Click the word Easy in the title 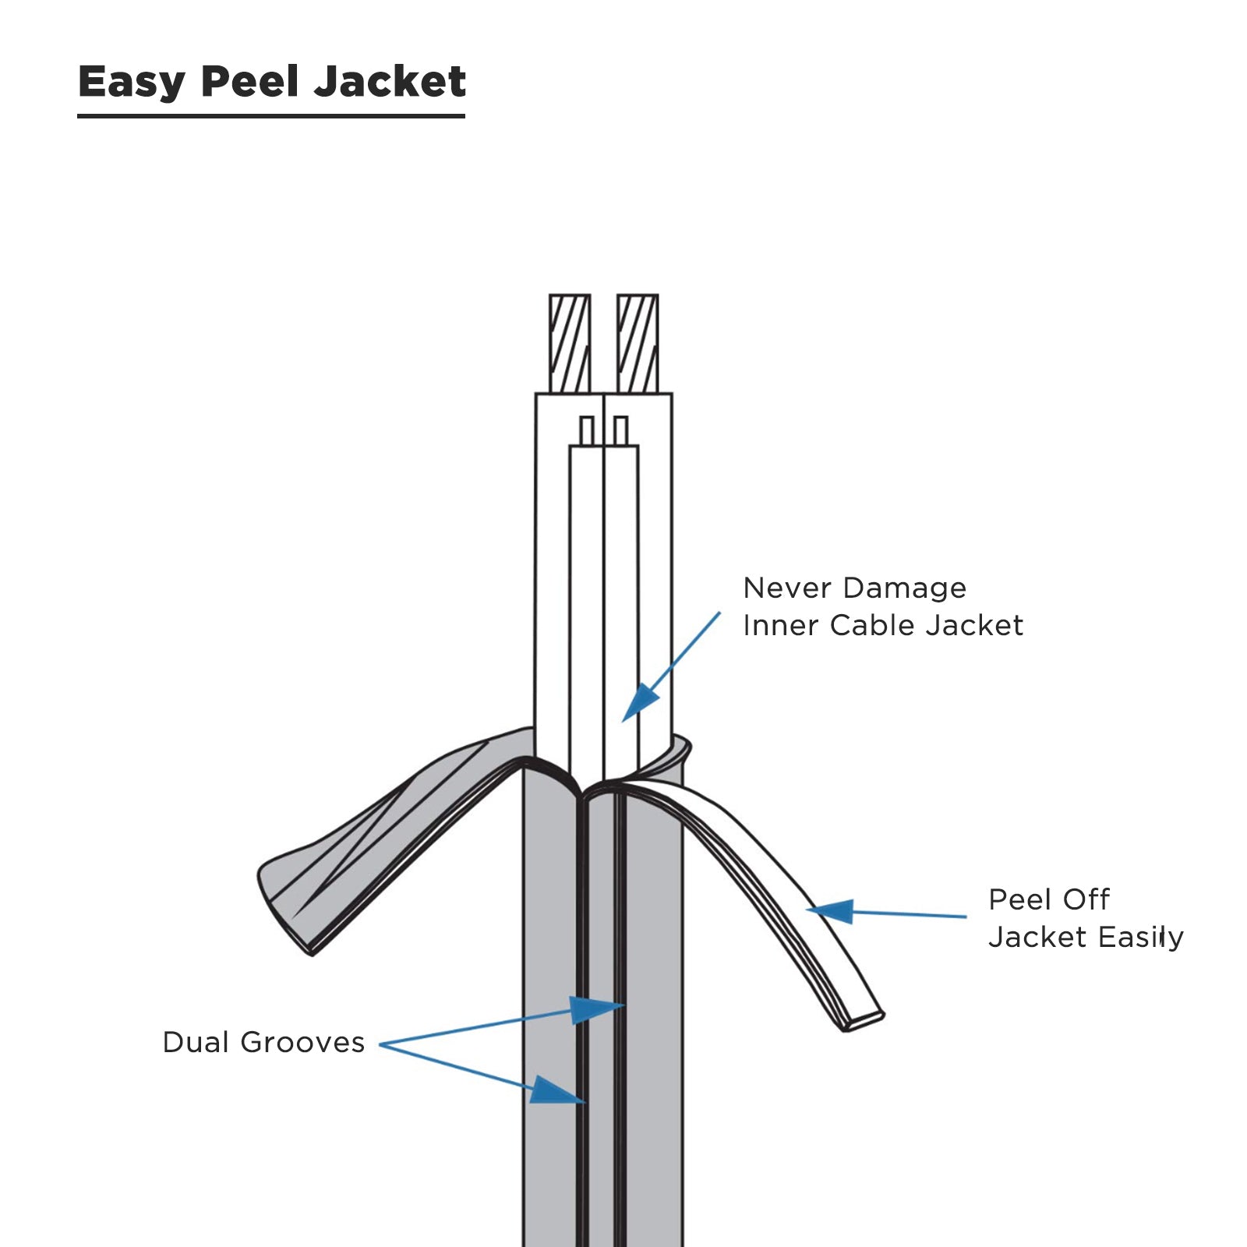coord(132,83)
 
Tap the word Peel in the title coord(249,81)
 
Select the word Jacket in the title coord(390,81)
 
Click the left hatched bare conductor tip coord(570,344)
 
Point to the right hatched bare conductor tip coord(638,344)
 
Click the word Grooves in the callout coord(302,1042)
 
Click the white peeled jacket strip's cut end coord(864,1022)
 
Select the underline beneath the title coord(271,116)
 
